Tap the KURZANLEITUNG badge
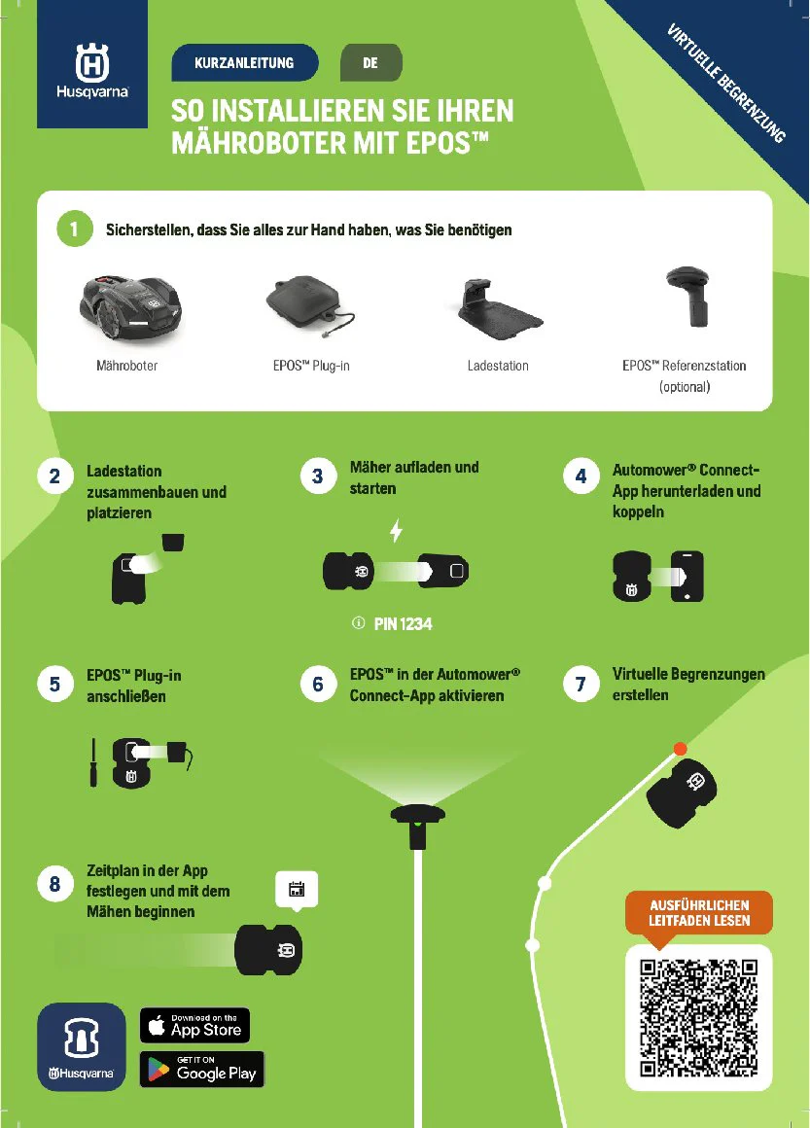tap(244, 62)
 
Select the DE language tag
tap(370, 62)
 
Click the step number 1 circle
tap(73, 230)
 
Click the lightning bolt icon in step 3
tap(395, 531)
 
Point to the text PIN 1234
tap(403, 624)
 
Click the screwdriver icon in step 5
tap(93, 761)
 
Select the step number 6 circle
tap(318, 685)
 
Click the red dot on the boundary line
tap(681, 748)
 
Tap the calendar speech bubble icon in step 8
tap(298, 889)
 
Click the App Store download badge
tap(195, 1025)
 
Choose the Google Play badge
tap(202, 1069)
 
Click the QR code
tap(698, 1017)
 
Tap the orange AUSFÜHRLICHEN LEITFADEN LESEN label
tap(699, 913)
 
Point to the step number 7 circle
tap(581, 685)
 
